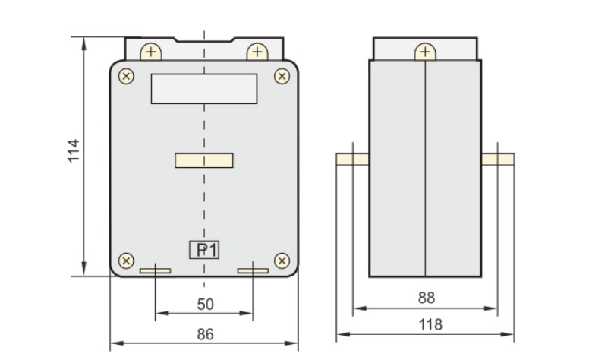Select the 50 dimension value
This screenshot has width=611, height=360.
pyautogui.click(x=205, y=305)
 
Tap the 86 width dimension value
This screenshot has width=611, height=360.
pyautogui.click(x=205, y=334)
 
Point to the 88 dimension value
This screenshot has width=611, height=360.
pyautogui.click(x=427, y=298)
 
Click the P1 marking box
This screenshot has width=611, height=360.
pyautogui.click(x=204, y=250)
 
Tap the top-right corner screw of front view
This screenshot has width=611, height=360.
pyautogui.click(x=282, y=76)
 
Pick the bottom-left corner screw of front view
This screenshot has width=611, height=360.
pyautogui.click(x=128, y=261)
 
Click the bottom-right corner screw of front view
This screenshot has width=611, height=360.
pyautogui.click(x=282, y=261)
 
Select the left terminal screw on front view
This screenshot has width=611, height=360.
pyautogui.click(x=152, y=52)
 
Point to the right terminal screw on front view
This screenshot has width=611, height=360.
pyautogui.click(x=257, y=52)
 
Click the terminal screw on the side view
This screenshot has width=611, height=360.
pyautogui.click(x=425, y=52)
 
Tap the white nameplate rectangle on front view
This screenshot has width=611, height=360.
pyautogui.click(x=204, y=88)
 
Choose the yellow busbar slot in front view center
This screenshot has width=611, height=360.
pyautogui.click(x=204, y=160)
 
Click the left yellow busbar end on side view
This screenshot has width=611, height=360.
pyautogui.click(x=352, y=159)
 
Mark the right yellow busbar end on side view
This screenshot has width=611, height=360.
pyautogui.click(x=498, y=159)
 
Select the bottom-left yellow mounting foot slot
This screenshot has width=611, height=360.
pyautogui.click(x=156, y=270)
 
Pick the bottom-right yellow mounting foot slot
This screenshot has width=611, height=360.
pyautogui.click(x=253, y=270)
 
